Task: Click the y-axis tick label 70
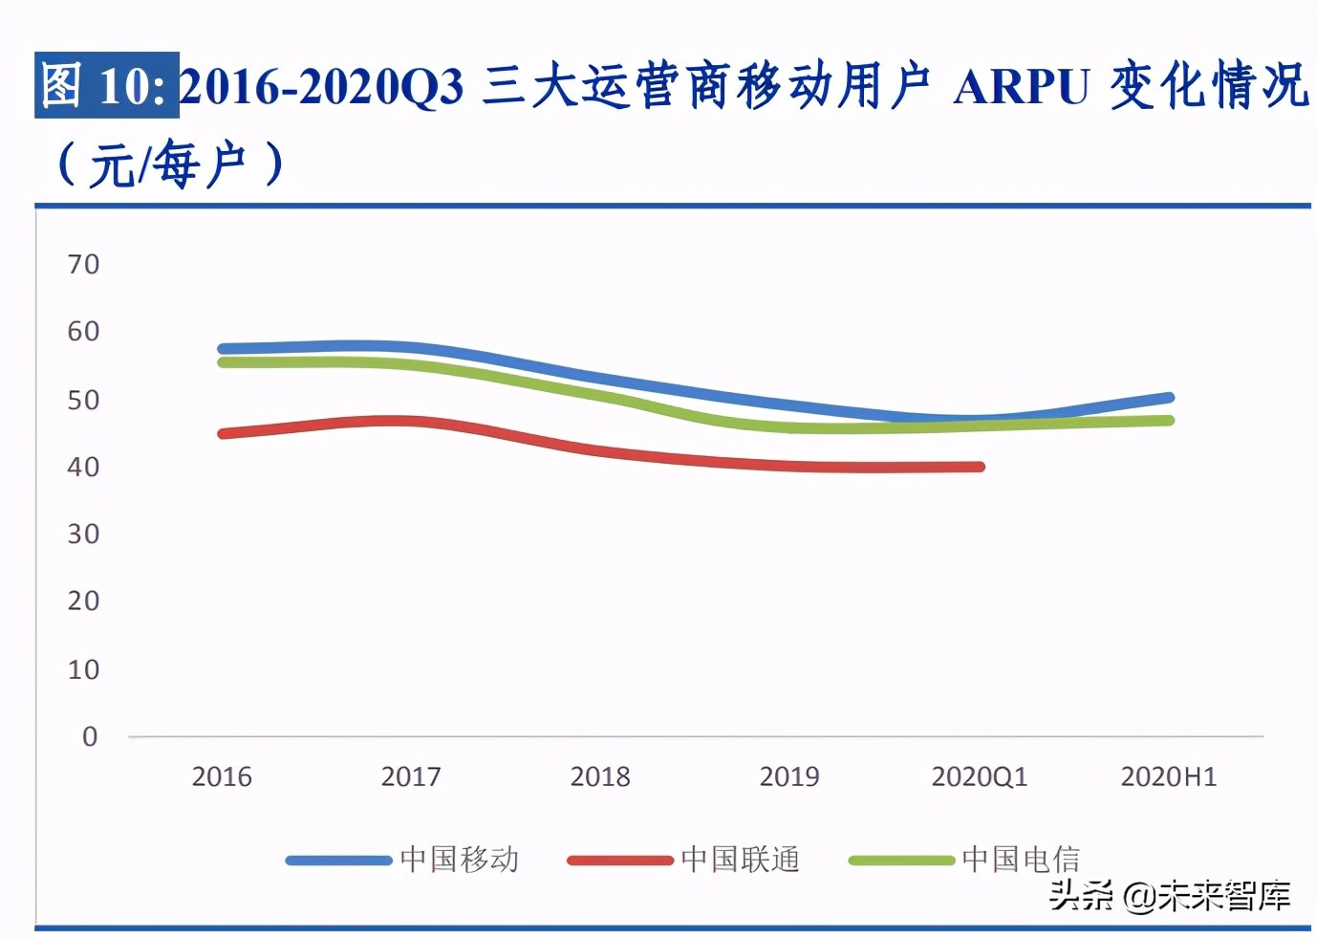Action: pos(83,265)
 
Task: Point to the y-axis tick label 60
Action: pos(83,332)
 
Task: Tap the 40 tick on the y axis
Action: pos(83,468)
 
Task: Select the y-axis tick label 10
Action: pos(83,669)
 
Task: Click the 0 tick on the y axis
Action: pos(90,736)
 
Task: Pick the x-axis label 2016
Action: pos(222,776)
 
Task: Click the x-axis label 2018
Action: pos(600,776)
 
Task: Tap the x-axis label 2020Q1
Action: pos(979,776)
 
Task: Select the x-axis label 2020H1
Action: pos(1168,776)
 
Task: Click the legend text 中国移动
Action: pos(460,860)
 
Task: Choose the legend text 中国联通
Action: pos(741,860)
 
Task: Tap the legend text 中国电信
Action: pos(1021,860)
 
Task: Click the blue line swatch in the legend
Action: pos(338,861)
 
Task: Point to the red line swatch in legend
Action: pos(619,861)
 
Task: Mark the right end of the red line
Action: pos(980,467)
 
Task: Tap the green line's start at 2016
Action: pos(223,362)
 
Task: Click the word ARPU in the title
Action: pos(1021,87)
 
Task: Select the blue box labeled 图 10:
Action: pos(107,85)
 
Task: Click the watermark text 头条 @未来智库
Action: pos(1170,896)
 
